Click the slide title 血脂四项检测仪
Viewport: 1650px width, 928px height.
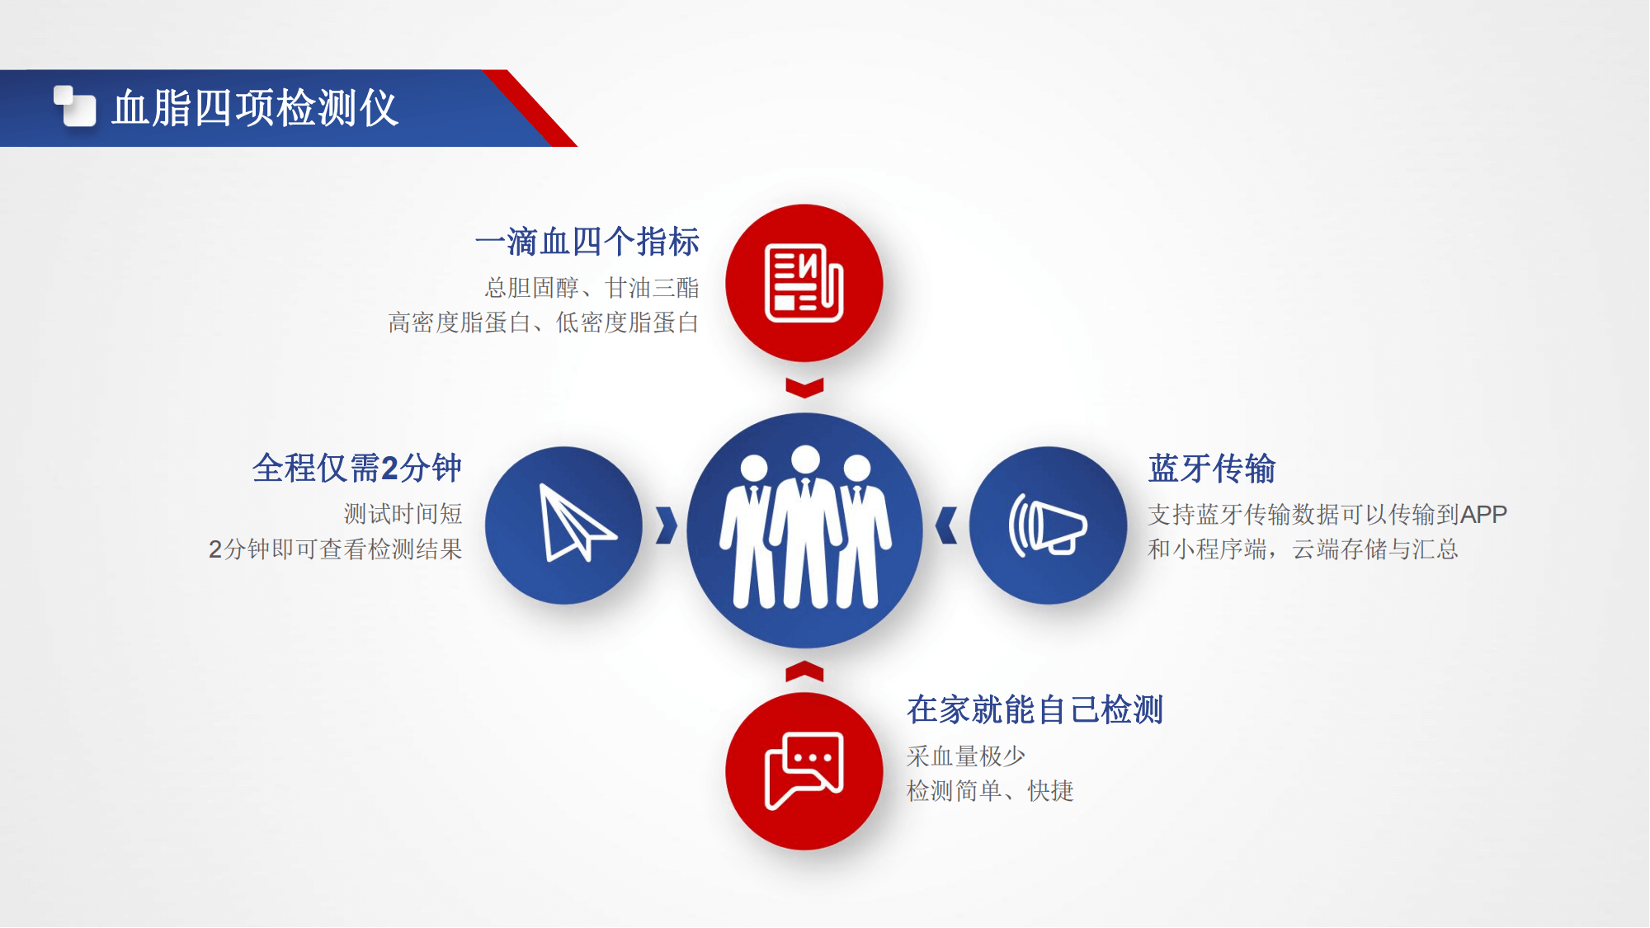[255, 108]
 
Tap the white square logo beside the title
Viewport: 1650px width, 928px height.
[75, 106]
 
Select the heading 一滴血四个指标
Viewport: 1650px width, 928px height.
[587, 242]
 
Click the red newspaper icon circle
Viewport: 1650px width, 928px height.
[804, 283]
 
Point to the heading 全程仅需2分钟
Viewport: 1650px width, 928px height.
[357, 468]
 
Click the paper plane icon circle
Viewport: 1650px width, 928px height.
[563, 525]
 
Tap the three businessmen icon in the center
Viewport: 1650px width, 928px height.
[805, 528]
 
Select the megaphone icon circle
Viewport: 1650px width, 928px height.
[1048, 525]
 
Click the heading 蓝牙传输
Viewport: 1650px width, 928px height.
[1212, 469]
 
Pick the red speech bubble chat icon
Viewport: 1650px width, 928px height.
[804, 771]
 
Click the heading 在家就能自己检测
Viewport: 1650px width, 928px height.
[1035, 709]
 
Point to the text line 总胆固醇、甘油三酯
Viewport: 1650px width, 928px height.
[592, 288]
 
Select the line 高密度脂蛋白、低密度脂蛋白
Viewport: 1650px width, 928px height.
[544, 323]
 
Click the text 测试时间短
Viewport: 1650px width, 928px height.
[403, 514]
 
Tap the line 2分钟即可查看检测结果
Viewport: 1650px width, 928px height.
[336, 549]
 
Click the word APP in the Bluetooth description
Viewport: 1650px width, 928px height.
[1484, 515]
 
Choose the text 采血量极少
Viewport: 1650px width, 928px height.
[966, 756]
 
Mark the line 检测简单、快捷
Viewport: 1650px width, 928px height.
[990, 791]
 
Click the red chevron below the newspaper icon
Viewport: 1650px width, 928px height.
[804, 388]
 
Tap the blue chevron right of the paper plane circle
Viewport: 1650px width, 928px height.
[667, 525]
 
